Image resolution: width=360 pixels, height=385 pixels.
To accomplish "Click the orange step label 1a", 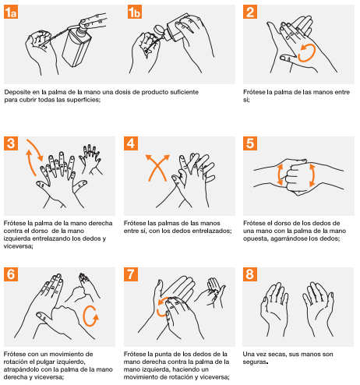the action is point(11,12).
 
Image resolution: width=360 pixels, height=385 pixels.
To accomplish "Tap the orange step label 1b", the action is point(135,12).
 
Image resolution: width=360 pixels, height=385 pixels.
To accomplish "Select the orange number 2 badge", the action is point(250,12).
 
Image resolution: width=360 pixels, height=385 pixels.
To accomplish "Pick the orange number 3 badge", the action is point(11,143).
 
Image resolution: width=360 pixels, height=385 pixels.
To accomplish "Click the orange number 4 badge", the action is point(131,143).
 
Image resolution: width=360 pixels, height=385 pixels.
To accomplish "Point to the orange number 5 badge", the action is point(250,143).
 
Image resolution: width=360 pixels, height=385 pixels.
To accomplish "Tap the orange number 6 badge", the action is point(11,274).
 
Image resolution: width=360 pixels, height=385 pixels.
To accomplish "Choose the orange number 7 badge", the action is point(131,274).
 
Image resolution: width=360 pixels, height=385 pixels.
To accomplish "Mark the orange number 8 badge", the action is point(250,274).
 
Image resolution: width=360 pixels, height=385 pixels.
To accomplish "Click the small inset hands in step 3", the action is point(91,159).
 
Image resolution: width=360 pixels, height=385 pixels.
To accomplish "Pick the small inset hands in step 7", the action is point(211,292).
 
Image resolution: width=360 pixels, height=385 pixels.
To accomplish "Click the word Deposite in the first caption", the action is point(16,92).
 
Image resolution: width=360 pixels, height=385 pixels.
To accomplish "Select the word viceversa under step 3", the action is point(18,246).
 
